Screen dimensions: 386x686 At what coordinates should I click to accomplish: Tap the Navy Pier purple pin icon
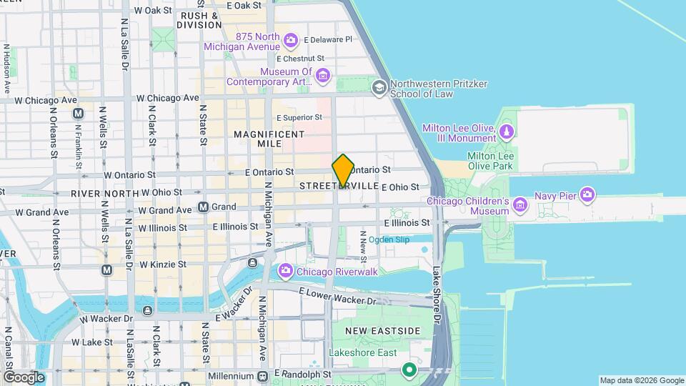point(587,194)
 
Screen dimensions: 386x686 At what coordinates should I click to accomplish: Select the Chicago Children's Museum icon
point(520,207)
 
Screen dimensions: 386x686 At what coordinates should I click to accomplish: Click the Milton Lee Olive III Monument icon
point(507,132)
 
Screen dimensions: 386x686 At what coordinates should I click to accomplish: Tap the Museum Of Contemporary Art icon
point(323,76)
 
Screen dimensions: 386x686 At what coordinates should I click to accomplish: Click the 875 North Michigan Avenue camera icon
point(291,39)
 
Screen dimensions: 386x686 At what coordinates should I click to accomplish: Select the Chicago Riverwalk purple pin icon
point(286,270)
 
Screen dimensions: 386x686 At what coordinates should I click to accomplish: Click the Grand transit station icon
point(204,207)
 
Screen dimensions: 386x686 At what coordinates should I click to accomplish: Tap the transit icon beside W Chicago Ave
point(79,113)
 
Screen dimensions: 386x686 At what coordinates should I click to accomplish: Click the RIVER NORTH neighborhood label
point(104,193)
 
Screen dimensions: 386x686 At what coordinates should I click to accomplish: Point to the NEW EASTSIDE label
point(382,331)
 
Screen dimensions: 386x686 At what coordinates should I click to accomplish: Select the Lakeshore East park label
point(364,352)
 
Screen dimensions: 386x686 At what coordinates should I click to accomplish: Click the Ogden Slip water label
point(389,239)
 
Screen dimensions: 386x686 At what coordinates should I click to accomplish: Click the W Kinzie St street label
point(163,264)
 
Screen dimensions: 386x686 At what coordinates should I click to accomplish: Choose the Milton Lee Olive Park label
point(490,160)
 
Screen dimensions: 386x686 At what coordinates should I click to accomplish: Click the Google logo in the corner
point(24,377)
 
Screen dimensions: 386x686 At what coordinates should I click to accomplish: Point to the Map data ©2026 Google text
point(641,380)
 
